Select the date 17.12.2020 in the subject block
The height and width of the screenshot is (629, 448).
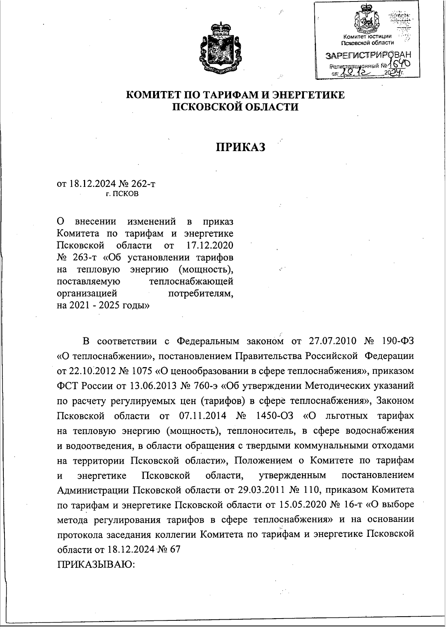209,245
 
